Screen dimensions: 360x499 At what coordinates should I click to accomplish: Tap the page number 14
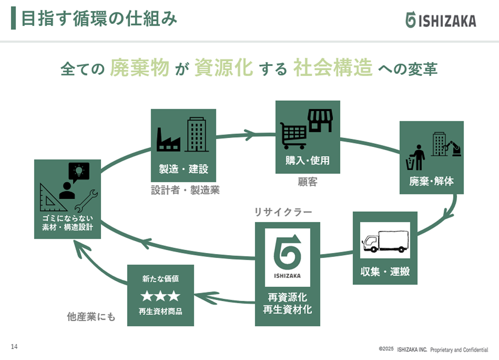[15, 347]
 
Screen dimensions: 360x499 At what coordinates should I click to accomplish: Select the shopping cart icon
[293, 135]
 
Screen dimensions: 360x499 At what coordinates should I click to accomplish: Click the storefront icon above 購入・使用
[320, 120]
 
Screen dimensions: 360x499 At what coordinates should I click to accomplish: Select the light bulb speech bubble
[79, 171]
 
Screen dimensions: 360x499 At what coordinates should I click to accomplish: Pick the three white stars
[160, 296]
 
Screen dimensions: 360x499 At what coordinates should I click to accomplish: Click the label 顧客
[307, 182]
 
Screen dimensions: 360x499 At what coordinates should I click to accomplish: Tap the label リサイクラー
[283, 212]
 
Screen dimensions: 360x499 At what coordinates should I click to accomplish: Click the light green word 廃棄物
[140, 67]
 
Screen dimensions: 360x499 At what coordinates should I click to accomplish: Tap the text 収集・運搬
[385, 271]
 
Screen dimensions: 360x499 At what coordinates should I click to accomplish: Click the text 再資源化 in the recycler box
[287, 297]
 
